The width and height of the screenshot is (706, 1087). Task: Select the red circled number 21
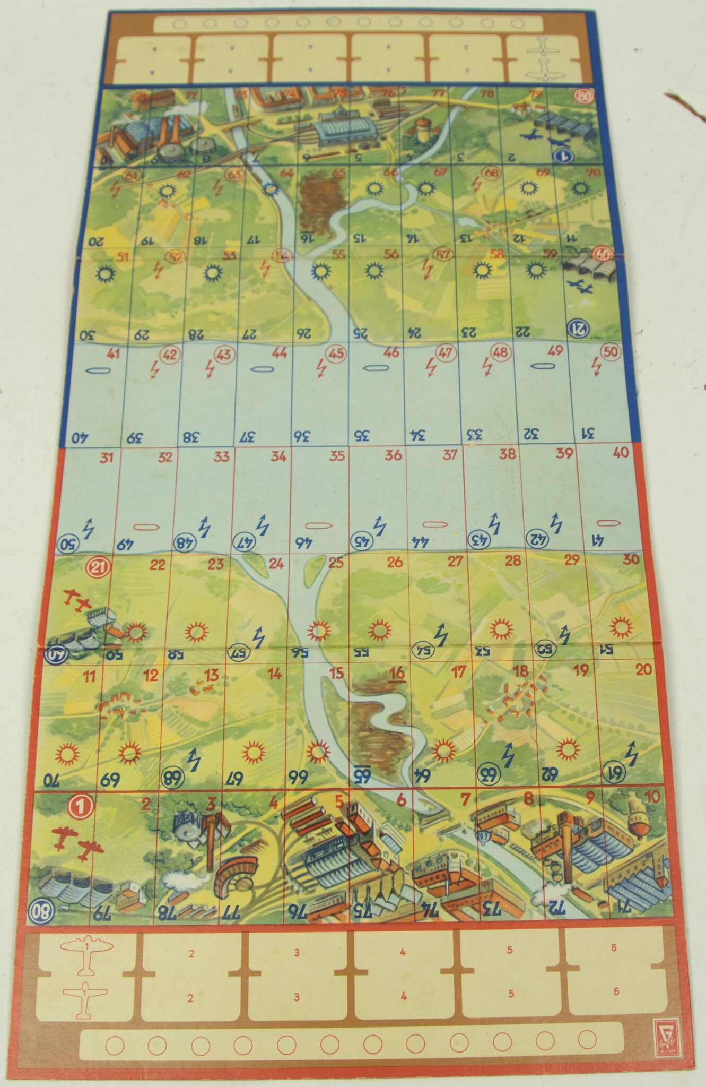pyautogui.click(x=98, y=567)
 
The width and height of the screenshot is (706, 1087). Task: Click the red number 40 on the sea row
pyautogui.click(x=620, y=452)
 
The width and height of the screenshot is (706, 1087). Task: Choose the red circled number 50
pyautogui.click(x=611, y=351)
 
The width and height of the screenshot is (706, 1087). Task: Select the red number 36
pyautogui.click(x=393, y=455)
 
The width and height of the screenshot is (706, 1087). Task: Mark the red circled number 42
pyautogui.click(x=170, y=355)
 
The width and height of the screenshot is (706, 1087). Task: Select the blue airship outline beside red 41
pyautogui.click(x=100, y=370)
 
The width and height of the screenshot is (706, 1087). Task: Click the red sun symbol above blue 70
pyautogui.click(x=67, y=753)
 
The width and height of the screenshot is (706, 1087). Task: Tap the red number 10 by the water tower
pyautogui.click(x=651, y=797)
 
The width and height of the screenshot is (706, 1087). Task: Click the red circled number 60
pyautogui.click(x=603, y=254)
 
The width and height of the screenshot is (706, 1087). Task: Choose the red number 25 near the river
pyautogui.click(x=335, y=562)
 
